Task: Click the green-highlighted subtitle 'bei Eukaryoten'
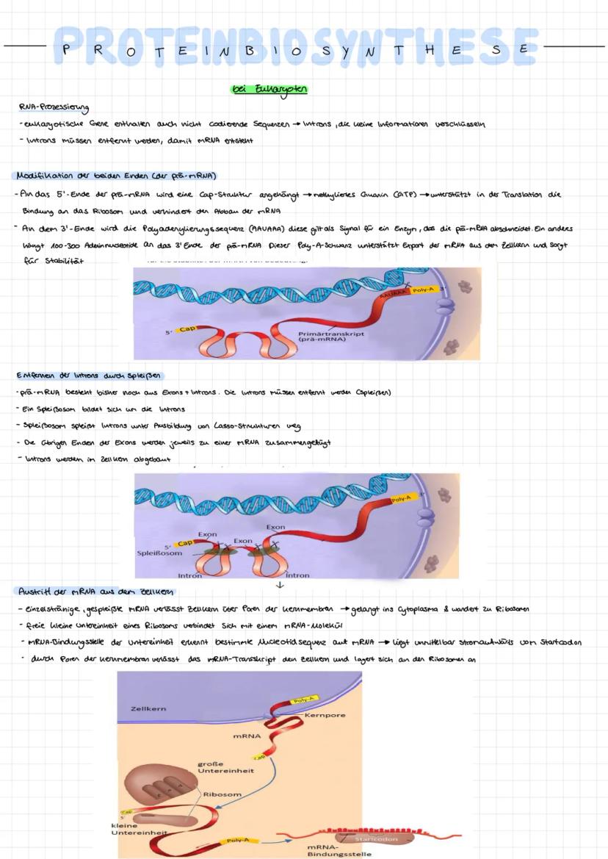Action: click(269, 89)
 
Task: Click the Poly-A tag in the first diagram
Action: click(424, 290)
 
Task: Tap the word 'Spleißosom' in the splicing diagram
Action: click(159, 553)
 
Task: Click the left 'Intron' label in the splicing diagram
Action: click(189, 575)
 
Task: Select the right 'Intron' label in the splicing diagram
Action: click(297, 575)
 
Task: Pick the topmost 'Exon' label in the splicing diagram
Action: click(275, 527)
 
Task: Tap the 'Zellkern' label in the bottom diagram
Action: click(148, 708)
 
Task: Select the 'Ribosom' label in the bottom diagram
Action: click(222, 794)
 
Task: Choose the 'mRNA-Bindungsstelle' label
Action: click(339, 850)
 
